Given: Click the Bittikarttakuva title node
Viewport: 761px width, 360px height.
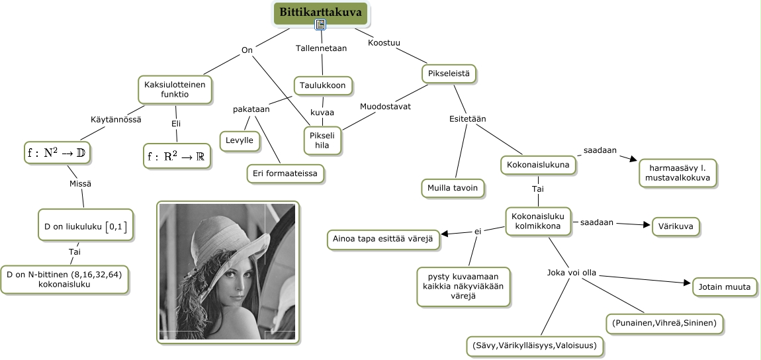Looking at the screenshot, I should [x=320, y=12].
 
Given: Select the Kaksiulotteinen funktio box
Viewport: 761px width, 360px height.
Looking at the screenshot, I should [x=175, y=89].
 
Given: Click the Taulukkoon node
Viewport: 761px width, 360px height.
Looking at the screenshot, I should [x=323, y=85].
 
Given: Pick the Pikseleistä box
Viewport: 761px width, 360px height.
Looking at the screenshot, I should [x=449, y=73].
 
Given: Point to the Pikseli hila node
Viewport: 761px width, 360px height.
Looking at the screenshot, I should [x=322, y=140].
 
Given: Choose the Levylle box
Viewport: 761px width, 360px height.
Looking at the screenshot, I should [x=239, y=140].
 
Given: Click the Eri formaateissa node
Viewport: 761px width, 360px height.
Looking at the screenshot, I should [x=285, y=173].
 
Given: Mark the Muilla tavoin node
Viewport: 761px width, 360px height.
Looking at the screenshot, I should [x=453, y=188].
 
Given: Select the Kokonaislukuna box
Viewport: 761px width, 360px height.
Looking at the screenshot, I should [x=537, y=165].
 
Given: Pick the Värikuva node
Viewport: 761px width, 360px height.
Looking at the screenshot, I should [x=675, y=227].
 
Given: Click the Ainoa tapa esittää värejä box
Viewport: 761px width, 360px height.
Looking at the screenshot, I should [x=384, y=239].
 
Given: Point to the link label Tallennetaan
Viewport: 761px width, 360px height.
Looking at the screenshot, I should [x=321, y=48].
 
